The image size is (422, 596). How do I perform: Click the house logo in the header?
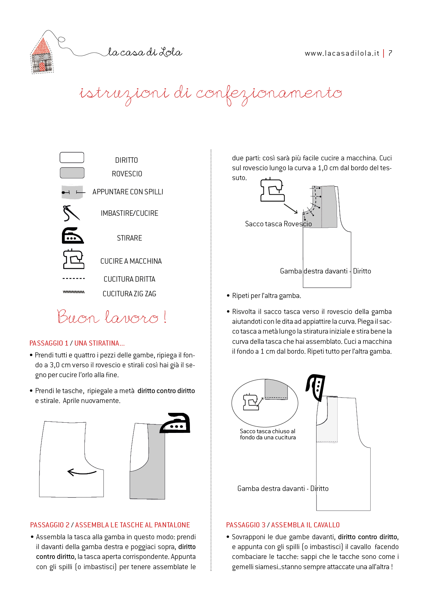[x=42, y=56]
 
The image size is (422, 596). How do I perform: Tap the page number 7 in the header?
[x=390, y=53]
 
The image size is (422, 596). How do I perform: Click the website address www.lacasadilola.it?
[x=342, y=53]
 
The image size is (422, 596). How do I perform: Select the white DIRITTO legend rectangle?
[x=72, y=158]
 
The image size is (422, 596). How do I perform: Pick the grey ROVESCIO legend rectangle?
[x=72, y=173]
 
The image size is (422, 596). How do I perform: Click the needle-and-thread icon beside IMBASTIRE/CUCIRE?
[x=71, y=213]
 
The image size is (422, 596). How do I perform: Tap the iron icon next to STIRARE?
[x=72, y=236]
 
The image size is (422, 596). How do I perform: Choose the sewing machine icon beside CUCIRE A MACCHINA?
[x=74, y=259]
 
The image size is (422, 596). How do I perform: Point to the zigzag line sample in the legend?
[x=74, y=292]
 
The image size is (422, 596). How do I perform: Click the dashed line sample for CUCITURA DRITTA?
[x=74, y=279]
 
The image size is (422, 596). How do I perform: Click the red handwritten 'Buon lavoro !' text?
[x=112, y=317]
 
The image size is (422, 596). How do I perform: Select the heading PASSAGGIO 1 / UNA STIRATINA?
[x=77, y=343]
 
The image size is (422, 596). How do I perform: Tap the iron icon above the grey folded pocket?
[x=175, y=423]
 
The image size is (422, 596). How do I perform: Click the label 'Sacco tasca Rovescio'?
[x=278, y=224]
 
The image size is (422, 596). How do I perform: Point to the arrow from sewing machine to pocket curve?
[x=291, y=209]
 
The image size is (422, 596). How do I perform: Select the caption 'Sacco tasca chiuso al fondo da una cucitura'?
[x=267, y=434]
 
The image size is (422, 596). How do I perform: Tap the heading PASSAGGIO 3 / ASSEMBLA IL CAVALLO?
[x=283, y=525]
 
